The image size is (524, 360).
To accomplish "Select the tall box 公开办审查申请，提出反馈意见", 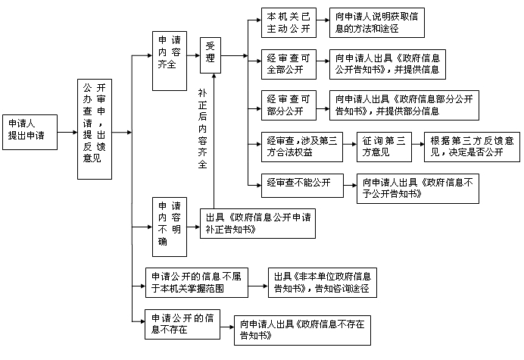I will point(101,129).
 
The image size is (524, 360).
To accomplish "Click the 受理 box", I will point(211,55).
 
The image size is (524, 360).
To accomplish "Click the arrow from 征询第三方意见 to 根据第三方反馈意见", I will point(419,146).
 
